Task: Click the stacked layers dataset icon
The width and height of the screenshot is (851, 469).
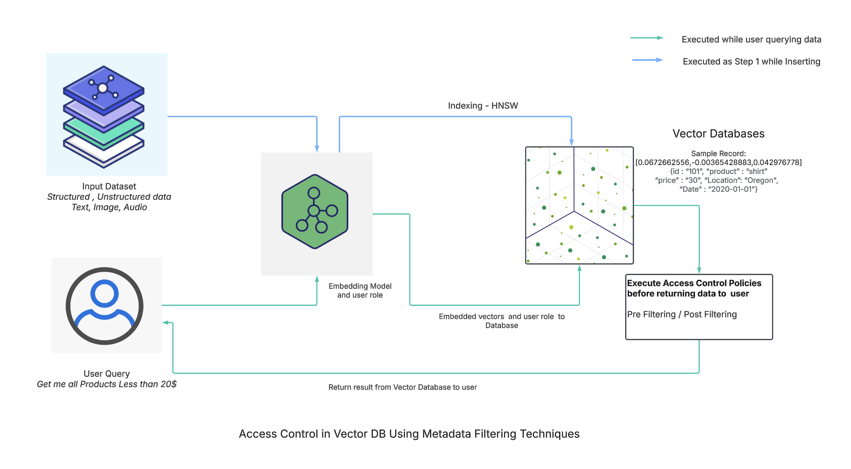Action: click(x=104, y=116)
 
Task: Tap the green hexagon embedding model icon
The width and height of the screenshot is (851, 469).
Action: click(x=315, y=211)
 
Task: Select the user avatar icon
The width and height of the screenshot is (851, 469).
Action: click(x=105, y=305)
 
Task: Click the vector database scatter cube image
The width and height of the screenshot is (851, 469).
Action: click(x=579, y=205)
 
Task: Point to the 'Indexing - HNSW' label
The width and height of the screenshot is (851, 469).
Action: click(x=483, y=106)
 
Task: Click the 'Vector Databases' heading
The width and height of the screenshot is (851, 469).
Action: click(x=718, y=134)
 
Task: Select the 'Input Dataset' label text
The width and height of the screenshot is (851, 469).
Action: click(x=109, y=186)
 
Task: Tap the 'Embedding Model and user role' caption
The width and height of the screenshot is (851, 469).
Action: click(x=360, y=291)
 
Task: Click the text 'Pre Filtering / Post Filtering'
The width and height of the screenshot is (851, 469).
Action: click(x=682, y=314)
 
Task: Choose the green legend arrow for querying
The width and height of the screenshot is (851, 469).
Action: click(x=647, y=38)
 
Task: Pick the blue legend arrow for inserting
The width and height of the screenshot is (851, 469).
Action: click(x=648, y=60)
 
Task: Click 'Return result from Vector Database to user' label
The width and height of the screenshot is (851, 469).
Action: click(x=402, y=387)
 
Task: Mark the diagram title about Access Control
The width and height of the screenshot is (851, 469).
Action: click(x=409, y=434)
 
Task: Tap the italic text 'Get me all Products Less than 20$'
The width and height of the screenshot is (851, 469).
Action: click(x=106, y=384)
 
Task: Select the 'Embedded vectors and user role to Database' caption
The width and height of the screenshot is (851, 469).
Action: click(x=501, y=321)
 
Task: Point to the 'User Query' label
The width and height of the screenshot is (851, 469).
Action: click(x=106, y=374)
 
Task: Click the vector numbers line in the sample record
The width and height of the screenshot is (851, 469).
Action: click(x=718, y=162)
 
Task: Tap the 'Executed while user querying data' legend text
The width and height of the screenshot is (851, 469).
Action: click(x=751, y=39)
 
